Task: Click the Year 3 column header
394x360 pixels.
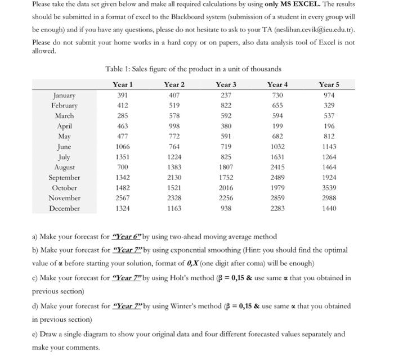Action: click(226, 85)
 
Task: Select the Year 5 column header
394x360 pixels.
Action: click(329, 85)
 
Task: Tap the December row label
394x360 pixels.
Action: click(64, 208)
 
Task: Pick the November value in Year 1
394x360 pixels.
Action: click(123, 198)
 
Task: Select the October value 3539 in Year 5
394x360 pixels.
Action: click(329, 188)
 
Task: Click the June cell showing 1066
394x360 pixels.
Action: click(123, 147)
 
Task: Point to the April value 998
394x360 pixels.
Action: click(174, 126)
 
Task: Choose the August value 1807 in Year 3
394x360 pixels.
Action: click(226, 167)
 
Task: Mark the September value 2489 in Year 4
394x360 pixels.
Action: click(277, 177)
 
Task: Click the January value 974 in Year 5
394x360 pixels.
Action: click(329, 95)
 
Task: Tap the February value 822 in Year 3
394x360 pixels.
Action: click(226, 105)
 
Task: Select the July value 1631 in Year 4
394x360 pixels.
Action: click(277, 157)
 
